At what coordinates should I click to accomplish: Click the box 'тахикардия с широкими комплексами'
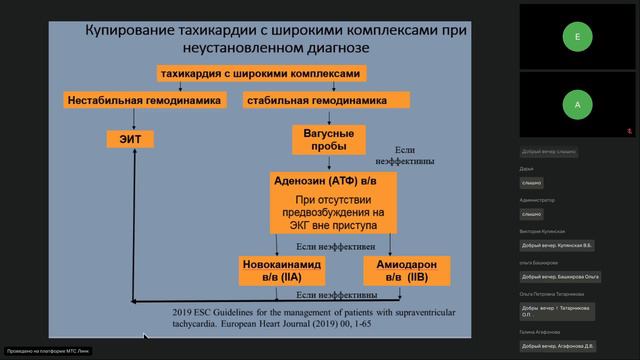pyautogui.click(x=261, y=73)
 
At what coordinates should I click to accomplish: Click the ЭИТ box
pyautogui.click(x=130, y=139)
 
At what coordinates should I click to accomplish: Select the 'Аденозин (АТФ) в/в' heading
pyautogui.click(x=333, y=181)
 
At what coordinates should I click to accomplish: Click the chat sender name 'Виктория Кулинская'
pyautogui.click(x=543, y=230)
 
